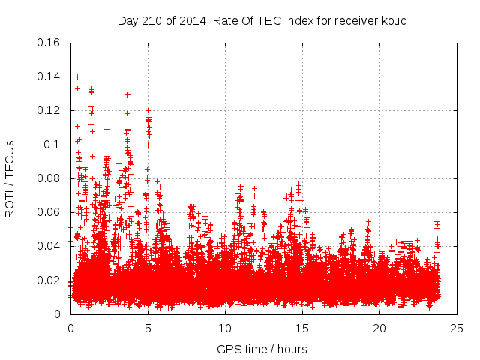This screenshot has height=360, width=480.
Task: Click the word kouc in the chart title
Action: pyautogui.click(x=393, y=20)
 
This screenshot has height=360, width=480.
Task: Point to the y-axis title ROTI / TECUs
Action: pyautogui.click(x=10, y=178)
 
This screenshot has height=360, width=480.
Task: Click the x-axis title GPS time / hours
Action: pyautogui.click(x=262, y=349)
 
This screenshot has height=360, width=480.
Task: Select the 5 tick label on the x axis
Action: pyautogui.click(x=148, y=328)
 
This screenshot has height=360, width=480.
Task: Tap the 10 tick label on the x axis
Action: pyautogui.click(x=225, y=328)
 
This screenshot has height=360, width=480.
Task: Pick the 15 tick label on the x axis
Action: pyautogui.click(x=302, y=328)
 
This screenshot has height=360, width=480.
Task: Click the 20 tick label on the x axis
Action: pyautogui.click(x=379, y=328)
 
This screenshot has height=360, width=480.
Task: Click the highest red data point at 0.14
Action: pyautogui.click(x=77, y=76)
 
